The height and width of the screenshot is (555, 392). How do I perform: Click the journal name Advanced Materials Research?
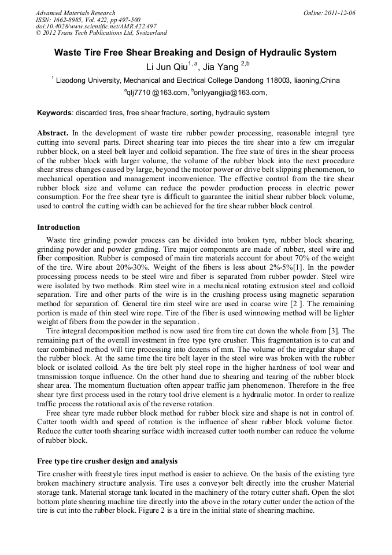[x=75, y=13]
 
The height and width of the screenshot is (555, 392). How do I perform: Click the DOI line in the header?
[x=96, y=26]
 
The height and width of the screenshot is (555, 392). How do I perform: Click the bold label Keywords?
[x=55, y=112]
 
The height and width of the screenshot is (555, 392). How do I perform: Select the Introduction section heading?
[x=58, y=227]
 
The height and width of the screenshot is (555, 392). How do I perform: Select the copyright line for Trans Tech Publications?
[x=101, y=33]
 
